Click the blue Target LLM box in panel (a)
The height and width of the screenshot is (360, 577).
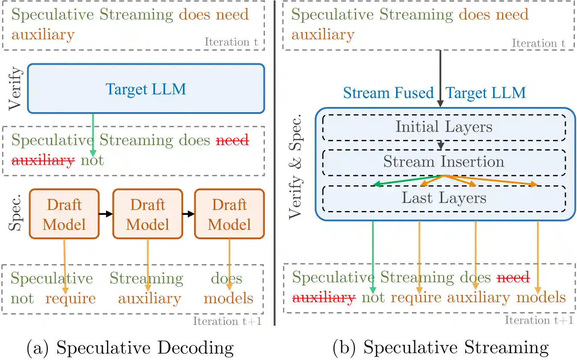(146, 89)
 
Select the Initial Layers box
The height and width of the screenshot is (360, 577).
(444, 128)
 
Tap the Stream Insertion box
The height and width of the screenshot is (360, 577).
(444, 162)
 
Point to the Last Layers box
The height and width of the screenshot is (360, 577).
(444, 198)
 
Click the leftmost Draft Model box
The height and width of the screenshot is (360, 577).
(64, 214)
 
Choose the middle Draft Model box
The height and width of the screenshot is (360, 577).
(147, 214)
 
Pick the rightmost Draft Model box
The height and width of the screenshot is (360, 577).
(229, 214)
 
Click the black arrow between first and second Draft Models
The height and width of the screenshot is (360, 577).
(106, 214)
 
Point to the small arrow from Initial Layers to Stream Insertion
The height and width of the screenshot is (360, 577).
(440, 145)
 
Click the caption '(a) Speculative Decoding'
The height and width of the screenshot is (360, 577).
(130, 348)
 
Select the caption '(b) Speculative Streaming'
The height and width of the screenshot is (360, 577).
(440, 348)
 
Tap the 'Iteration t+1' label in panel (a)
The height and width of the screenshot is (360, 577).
(227, 321)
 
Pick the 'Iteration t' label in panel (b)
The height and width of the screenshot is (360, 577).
(538, 43)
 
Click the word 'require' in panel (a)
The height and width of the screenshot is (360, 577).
(70, 298)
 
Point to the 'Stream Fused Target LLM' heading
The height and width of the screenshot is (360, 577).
(434, 93)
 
